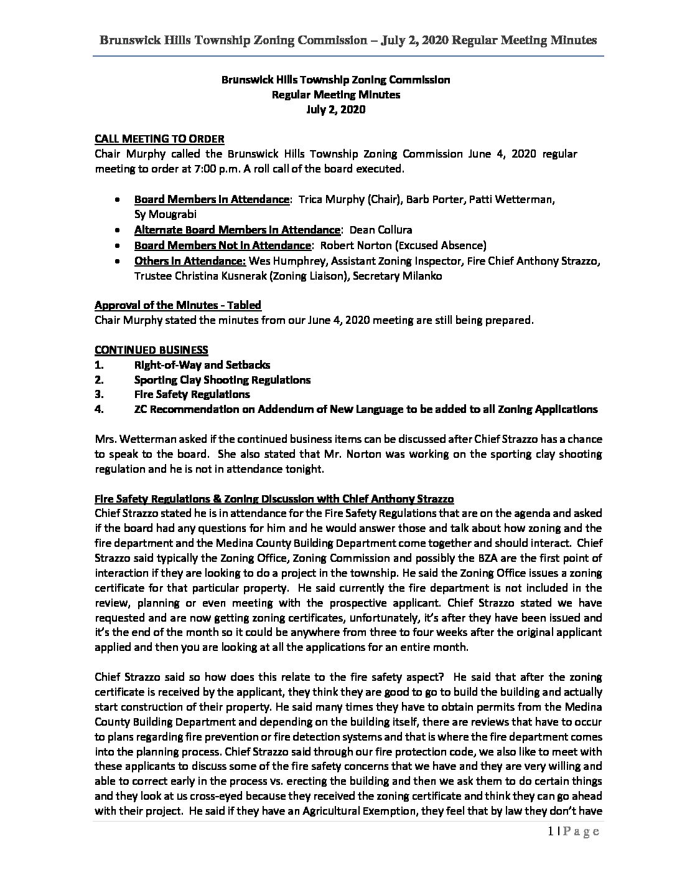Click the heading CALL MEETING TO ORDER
159,138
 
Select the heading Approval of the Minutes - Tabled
177,305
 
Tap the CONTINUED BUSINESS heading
151,349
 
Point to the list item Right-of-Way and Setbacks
202,364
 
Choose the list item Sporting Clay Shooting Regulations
222,379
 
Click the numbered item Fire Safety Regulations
192,394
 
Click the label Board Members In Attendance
212,199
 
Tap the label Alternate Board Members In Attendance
237,230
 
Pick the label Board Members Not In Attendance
222,245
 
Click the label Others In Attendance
190,261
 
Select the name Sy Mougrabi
166,214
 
